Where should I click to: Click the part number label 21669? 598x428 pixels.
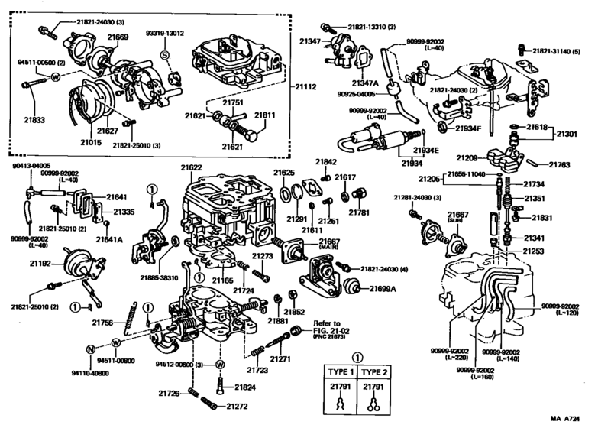click(118, 37)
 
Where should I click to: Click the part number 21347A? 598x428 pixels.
click(365, 83)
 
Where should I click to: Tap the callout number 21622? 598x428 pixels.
click(192, 167)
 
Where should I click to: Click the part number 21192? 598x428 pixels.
click(40, 264)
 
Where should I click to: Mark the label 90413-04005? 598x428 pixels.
click(31, 165)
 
